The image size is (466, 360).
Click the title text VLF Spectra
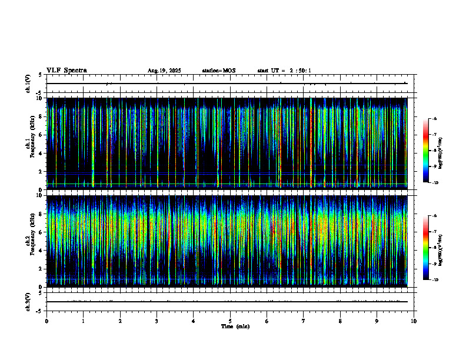pyautogui.click(x=66, y=70)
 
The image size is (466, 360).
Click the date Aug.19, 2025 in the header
pyautogui.click(x=164, y=71)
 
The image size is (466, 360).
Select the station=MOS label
pyautogui.click(x=218, y=71)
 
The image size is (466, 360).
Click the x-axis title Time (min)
pyautogui.click(x=235, y=326)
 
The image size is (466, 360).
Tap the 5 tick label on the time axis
pyautogui.click(x=230, y=321)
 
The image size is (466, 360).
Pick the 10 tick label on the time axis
pyautogui.click(x=414, y=321)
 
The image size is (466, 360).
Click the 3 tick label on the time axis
pyautogui.click(x=157, y=321)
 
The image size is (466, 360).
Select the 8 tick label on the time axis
pyautogui.click(x=340, y=321)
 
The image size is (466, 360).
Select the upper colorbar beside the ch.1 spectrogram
pyautogui.click(x=427, y=151)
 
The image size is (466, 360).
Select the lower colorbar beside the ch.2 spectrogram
pyautogui.click(x=427, y=248)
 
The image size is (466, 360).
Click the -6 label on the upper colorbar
pyautogui.click(x=435, y=119)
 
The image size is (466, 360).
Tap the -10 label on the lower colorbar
pyautogui.click(x=436, y=279)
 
